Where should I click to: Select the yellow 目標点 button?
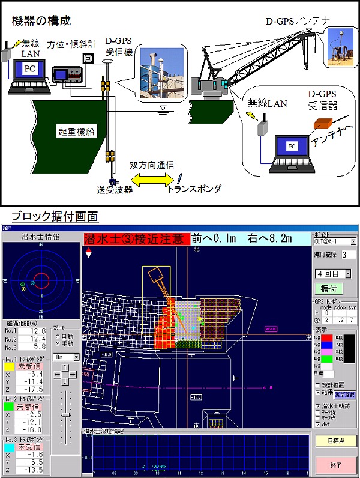pyautogui.click(x=334, y=441)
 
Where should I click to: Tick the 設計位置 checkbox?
pyautogui.click(x=318, y=385)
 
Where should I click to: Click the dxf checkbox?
pyautogui.click(x=318, y=425)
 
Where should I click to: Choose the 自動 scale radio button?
pyautogui.click(x=56, y=337)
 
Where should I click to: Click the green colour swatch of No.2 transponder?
pyautogui.click(x=10, y=407)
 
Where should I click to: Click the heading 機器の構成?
pyautogui.click(x=41, y=21)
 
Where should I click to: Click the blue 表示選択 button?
pyautogui.click(x=344, y=395)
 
